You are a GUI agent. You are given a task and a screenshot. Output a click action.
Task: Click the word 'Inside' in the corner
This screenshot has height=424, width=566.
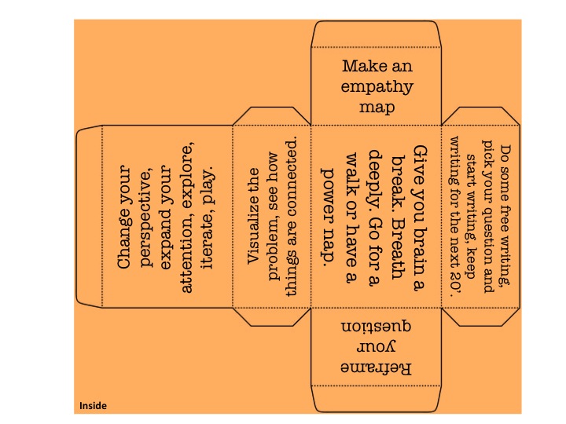[93, 406]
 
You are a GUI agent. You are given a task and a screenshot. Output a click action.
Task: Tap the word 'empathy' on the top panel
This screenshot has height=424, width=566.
[377, 86]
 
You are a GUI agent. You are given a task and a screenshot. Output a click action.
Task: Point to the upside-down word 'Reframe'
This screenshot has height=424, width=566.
[377, 367]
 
